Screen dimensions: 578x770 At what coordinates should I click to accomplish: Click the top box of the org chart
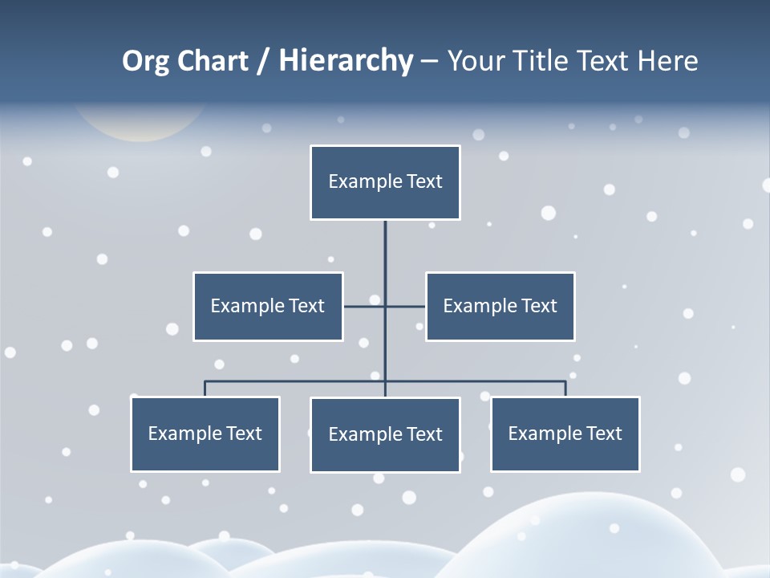click(385, 182)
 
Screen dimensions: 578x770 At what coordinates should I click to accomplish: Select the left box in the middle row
click(268, 306)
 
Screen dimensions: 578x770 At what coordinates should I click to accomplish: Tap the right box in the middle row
click(500, 306)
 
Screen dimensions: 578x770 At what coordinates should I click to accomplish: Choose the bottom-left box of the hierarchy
click(205, 433)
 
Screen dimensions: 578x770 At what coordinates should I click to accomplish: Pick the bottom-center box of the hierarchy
click(385, 434)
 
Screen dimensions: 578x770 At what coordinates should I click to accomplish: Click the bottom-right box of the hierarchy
click(565, 433)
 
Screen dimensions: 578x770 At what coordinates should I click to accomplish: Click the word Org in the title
click(145, 61)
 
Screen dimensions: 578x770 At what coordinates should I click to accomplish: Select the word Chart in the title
click(212, 61)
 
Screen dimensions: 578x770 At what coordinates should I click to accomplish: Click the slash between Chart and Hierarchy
click(263, 61)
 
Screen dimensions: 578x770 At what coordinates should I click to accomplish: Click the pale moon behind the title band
click(140, 124)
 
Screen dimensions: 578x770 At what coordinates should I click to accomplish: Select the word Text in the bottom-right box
click(604, 433)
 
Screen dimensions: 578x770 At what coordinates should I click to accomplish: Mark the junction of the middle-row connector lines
click(385, 306)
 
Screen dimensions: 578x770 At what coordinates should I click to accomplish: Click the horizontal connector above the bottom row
click(481, 381)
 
